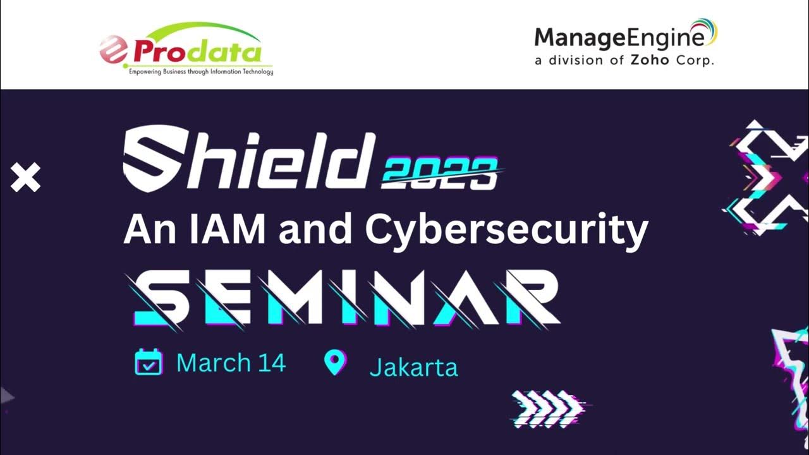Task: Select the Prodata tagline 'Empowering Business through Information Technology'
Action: tap(201, 72)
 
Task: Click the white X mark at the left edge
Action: tap(25, 178)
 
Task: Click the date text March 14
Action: tap(231, 363)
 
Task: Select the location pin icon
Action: tap(334, 363)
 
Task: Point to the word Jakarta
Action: tap(413, 367)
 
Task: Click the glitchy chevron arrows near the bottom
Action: tap(547, 407)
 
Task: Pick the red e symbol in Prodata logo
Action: tap(114, 51)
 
